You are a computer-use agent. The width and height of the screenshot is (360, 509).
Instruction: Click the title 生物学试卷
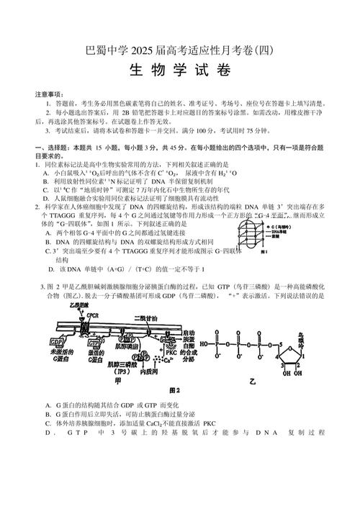[179, 71]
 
